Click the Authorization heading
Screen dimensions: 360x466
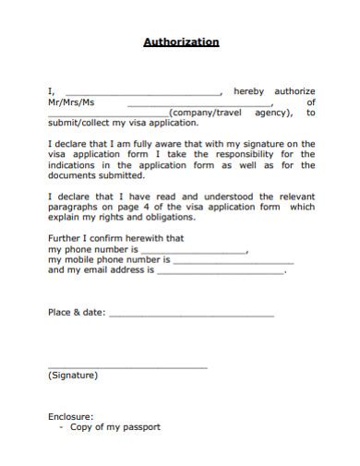click(181, 42)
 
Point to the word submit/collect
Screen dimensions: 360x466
click(80, 125)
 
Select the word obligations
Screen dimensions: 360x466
click(169, 219)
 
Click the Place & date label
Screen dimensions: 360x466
click(76, 313)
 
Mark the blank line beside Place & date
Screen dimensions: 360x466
click(191, 317)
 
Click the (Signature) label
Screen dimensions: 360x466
click(72, 376)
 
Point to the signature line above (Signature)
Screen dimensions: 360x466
click(127, 367)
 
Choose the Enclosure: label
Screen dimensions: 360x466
click(71, 416)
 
